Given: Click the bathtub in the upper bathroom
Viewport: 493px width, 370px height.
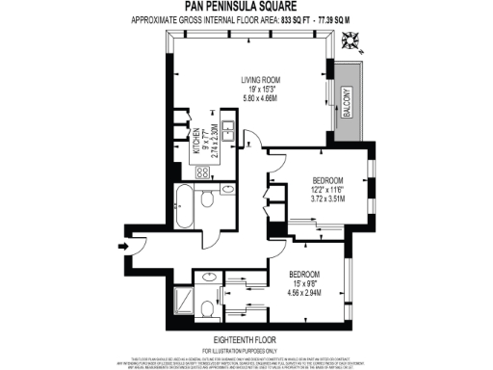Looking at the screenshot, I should [x=184, y=203].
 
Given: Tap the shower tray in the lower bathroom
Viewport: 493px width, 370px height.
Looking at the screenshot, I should [x=182, y=306].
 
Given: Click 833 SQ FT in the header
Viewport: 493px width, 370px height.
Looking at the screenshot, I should [x=293, y=18].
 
